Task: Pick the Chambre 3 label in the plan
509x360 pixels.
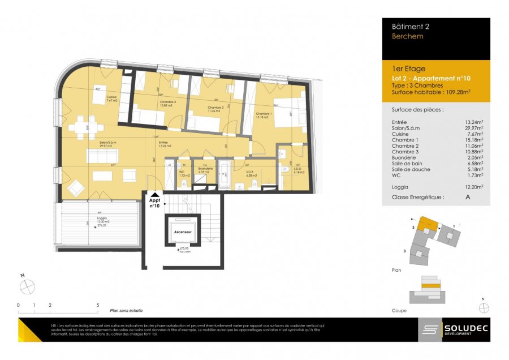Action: pyautogui.click(x=152, y=103)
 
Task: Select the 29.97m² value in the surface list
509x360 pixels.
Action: pyautogui.click(x=473, y=128)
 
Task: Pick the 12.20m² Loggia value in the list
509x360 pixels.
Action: pyautogui.click(x=473, y=186)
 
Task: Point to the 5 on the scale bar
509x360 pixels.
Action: pyautogui.click(x=98, y=305)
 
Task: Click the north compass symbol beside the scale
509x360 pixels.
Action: pyautogui.click(x=27, y=287)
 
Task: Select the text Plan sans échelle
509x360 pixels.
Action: pyautogui.click(x=126, y=310)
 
